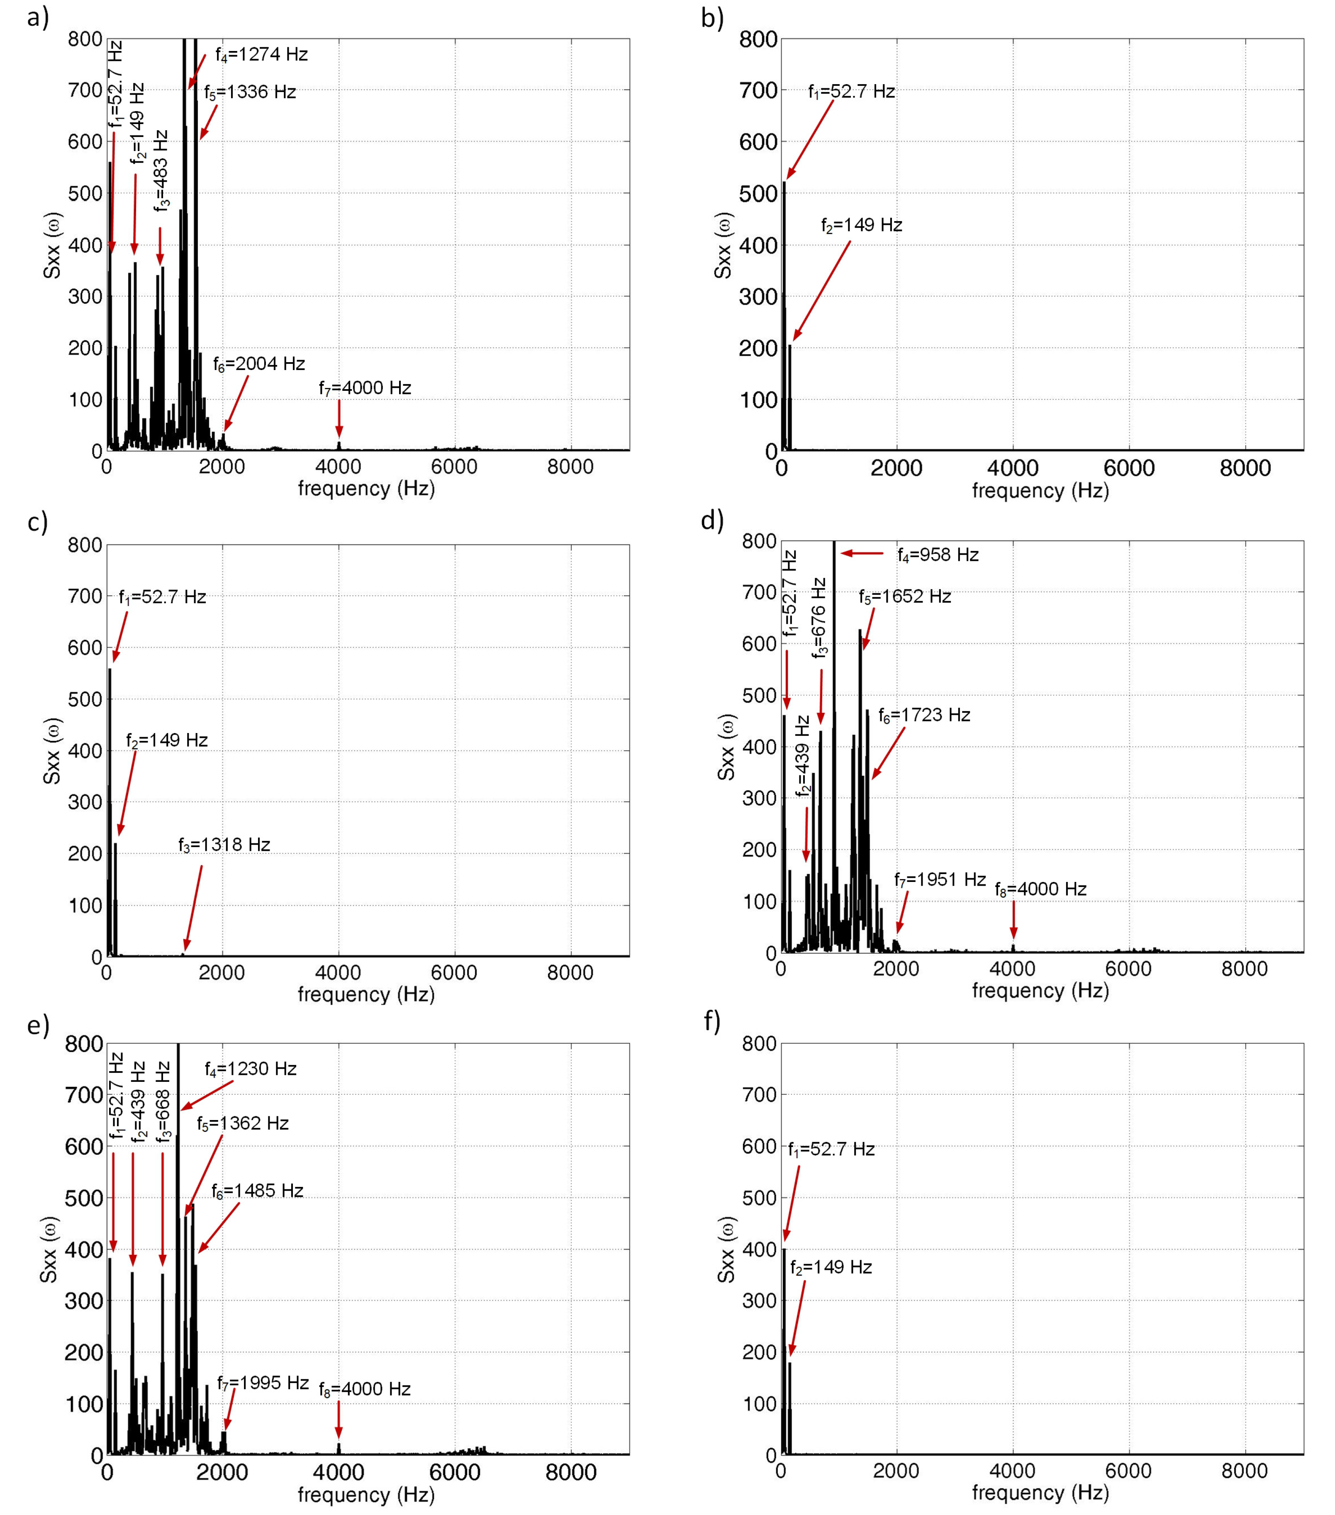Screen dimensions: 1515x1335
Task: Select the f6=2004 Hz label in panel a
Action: point(259,364)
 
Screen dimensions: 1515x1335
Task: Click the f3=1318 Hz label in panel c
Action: point(224,845)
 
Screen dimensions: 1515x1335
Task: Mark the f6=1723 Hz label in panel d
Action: point(924,715)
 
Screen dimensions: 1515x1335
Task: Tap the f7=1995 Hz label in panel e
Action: point(263,1383)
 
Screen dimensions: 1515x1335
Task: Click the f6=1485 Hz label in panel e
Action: point(257,1191)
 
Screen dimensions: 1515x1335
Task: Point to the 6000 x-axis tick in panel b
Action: point(1129,468)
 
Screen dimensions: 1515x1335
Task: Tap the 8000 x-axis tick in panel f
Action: point(1245,1471)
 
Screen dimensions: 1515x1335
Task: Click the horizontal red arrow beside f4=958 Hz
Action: point(862,553)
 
